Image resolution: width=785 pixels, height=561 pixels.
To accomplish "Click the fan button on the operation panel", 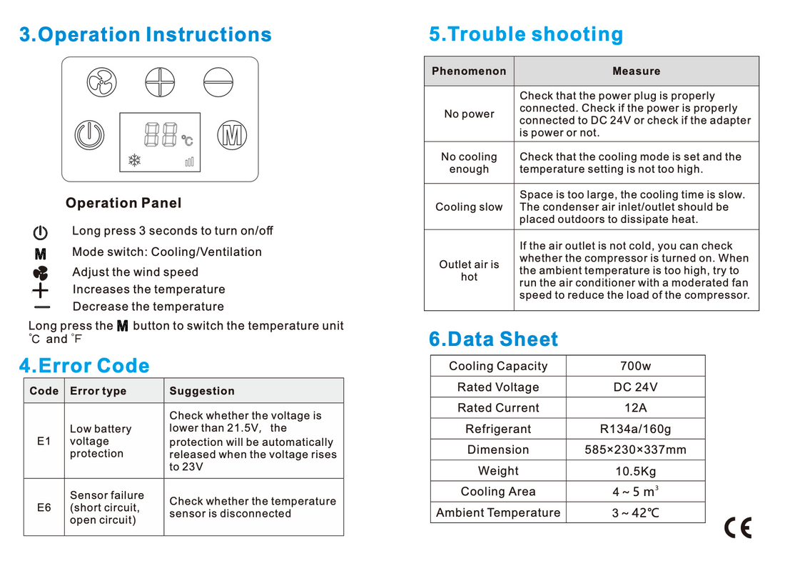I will point(101,82).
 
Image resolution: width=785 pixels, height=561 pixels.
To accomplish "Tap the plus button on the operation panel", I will point(160,82).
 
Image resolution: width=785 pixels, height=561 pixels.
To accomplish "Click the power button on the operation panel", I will point(89,134).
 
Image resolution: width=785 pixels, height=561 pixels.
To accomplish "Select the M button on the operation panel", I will point(231,134).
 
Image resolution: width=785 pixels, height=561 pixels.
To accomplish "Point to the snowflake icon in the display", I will point(134,161).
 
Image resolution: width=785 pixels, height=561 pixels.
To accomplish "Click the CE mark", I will point(738,527).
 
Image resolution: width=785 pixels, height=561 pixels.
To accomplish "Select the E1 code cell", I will point(44,441).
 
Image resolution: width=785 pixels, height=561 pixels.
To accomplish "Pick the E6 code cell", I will point(44,507).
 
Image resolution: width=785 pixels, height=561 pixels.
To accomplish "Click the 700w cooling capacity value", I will point(635,366).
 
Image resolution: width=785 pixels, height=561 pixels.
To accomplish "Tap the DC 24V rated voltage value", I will point(635,387).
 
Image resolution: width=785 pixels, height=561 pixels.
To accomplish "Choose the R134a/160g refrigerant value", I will point(635,429).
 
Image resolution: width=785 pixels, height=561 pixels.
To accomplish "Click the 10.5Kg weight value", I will point(635,471).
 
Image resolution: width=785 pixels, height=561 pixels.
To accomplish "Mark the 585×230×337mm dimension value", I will point(635,450).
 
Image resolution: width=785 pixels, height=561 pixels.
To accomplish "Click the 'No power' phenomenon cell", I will point(469,114).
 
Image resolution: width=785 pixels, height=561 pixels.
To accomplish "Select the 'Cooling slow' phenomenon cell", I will point(469,207).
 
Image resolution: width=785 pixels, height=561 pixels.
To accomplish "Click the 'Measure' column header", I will point(636,71).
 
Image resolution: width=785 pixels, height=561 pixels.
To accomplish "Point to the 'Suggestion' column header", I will point(202,391).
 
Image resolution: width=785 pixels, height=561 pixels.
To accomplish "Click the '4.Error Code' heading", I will point(84,366).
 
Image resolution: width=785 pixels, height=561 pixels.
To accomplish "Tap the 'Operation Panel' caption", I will point(123,203).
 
